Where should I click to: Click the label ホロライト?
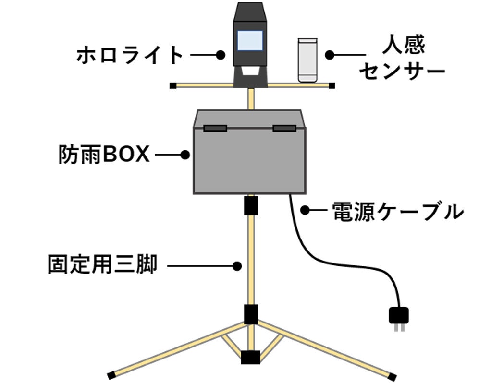click(130, 56)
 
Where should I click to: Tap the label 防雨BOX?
click(104, 156)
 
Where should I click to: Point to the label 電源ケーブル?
click(398, 211)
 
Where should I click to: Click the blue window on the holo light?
click(250, 41)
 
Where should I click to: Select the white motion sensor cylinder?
click(307, 60)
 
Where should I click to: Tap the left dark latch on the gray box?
click(215, 128)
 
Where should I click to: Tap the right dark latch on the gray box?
click(284, 128)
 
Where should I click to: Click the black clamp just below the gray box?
click(251, 206)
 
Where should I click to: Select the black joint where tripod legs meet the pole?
click(250, 314)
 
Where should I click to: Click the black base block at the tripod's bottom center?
click(250, 358)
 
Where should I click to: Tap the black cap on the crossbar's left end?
click(172, 85)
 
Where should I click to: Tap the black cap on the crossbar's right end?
click(332, 85)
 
